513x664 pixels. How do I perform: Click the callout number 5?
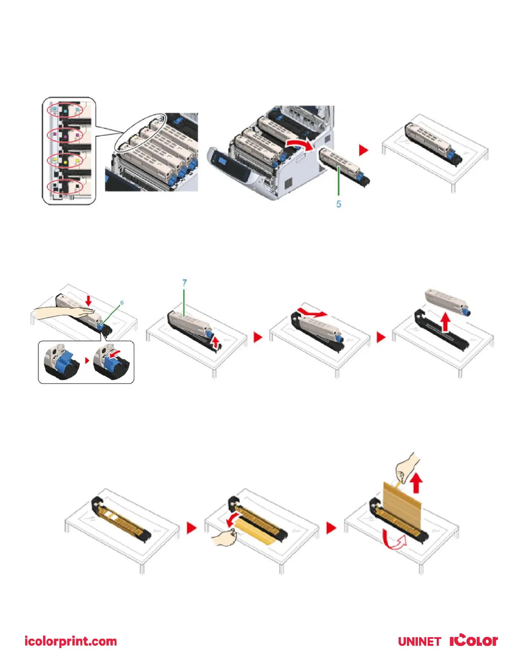(339, 204)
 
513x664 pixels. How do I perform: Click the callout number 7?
(184, 283)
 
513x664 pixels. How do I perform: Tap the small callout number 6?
(122, 303)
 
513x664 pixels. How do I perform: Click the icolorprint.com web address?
(71, 641)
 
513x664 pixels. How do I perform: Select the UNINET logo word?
(419, 642)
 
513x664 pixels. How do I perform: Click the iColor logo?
(474, 641)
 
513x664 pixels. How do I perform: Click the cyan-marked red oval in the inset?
(65, 110)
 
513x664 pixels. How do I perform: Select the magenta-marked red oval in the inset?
(65, 135)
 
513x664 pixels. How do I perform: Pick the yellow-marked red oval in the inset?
(65, 160)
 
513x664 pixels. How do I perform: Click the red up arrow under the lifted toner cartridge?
(446, 323)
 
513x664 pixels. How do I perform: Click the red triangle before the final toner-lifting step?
(381, 337)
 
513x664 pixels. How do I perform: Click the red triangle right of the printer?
(363, 150)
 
